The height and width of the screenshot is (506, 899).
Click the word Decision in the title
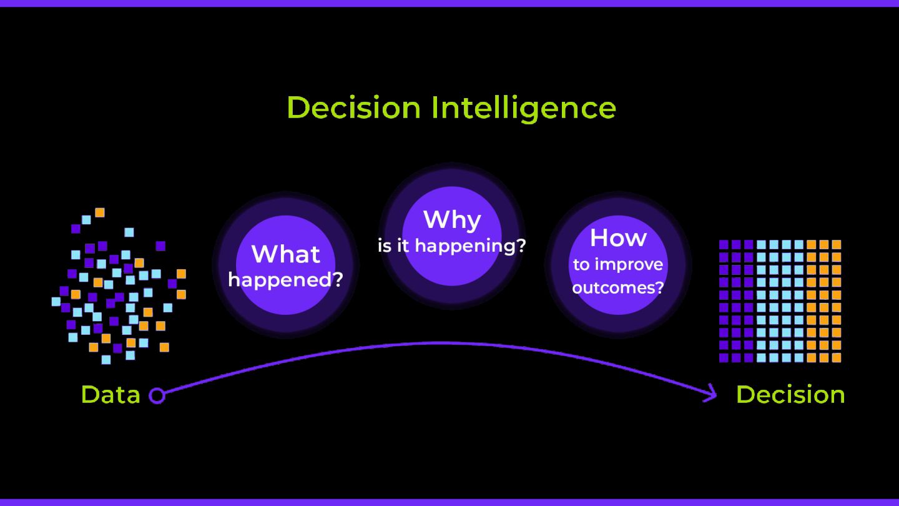click(353, 107)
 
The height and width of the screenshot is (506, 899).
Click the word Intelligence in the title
click(523, 109)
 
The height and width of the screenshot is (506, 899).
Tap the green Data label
click(111, 395)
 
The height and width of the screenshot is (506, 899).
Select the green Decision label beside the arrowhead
click(790, 395)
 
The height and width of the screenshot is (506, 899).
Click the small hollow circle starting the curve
click(157, 395)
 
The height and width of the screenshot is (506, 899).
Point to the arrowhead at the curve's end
click(712, 394)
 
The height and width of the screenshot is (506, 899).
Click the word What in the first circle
click(286, 254)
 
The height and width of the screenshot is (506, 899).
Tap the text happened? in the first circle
click(286, 279)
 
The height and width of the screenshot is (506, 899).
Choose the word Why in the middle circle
click(452, 219)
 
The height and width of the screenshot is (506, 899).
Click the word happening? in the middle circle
click(471, 246)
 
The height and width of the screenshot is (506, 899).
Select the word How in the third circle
click(618, 237)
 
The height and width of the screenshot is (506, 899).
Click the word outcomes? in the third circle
click(618, 288)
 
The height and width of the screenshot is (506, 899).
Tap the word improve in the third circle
click(629, 265)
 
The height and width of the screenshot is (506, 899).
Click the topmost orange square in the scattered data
click(99, 212)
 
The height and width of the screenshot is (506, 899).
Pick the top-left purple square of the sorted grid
click(724, 244)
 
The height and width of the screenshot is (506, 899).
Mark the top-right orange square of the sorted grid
click(837, 244)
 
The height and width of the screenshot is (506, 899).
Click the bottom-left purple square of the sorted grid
click(724, 358)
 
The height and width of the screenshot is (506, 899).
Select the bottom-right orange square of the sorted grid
click(837, 358)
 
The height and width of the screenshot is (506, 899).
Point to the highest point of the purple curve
click(440, 343)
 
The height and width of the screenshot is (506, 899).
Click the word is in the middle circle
click(385, 246)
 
